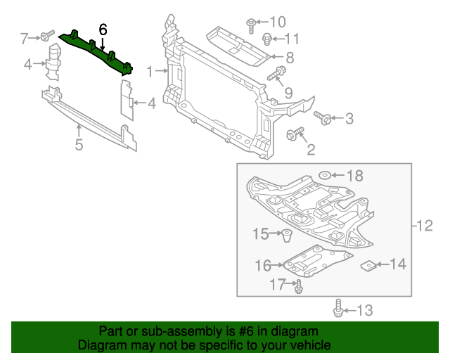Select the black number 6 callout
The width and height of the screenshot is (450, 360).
pos(103,30)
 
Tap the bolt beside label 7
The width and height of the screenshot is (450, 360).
pos(46,36)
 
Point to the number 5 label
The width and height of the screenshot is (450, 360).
pos(79,145)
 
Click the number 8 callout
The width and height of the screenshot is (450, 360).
pos(289,58)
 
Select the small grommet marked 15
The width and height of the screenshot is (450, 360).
pos(287,234)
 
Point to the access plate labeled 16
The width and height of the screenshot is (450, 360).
pos(309,261)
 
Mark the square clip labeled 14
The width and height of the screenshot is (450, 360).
pos(367,265)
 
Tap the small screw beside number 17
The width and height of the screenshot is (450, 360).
pos(300,285)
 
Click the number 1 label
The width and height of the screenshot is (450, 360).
pos(150,71)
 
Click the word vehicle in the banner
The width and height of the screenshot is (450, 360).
pos(307,346)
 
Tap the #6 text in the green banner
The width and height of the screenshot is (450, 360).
pos(240,331)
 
